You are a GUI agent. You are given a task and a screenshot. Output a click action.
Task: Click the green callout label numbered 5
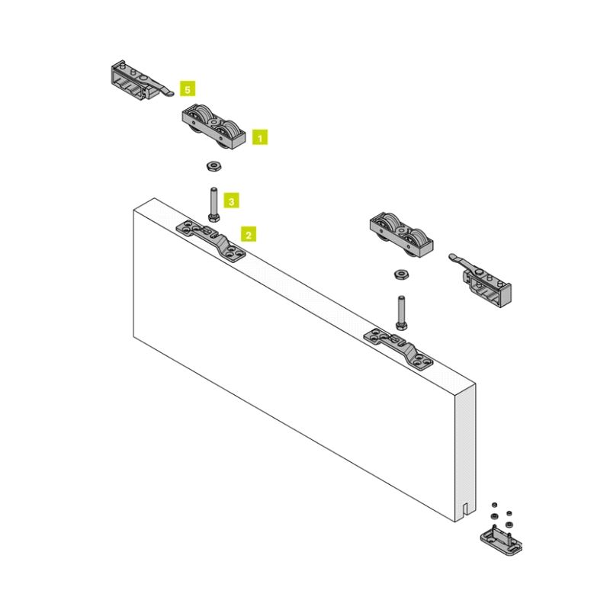pyautogui.click(x=188, y=89)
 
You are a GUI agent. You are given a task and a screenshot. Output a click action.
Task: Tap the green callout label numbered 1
pyautogui.click(x=260, y=137)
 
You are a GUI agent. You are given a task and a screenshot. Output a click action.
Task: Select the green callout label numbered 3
pyautogui.click(x=231, y=201)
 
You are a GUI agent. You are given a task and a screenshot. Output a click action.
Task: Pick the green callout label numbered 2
pyautogui.click(x=249, y=235)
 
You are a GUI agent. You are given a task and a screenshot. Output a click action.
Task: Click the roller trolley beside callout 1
pyautogui.click(x=214, y=127)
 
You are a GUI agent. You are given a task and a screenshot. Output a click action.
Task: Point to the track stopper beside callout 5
pyautogui.click(x=141, y=81)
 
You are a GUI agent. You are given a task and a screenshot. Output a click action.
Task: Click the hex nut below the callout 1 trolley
pyautogui.click(x=213, y=166)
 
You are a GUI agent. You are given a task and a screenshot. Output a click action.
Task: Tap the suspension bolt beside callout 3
pyautogui.click(x=213, y=204)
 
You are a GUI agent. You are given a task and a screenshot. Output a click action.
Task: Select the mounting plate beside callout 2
pyautogui.click(x=211, y=241)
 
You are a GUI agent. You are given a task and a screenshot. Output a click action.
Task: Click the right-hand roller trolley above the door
pyautogui.click(x=401, y=235)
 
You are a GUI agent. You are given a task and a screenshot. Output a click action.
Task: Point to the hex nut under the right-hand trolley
pyautogui.click(x=401, y=274)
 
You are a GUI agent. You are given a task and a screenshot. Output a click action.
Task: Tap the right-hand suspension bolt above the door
pyautogui.click(x=402, y=313)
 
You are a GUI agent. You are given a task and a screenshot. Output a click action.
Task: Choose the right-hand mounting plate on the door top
pyautogui.click(x=398, y=349)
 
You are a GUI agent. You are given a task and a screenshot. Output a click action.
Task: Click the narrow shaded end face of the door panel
pyautogui.click(x=465, y=451)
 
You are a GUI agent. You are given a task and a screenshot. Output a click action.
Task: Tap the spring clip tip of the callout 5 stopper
pyautogui.click(x=168, y=93)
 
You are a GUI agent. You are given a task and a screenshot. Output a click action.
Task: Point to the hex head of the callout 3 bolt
pyautogui.click(x=213, y=218)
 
